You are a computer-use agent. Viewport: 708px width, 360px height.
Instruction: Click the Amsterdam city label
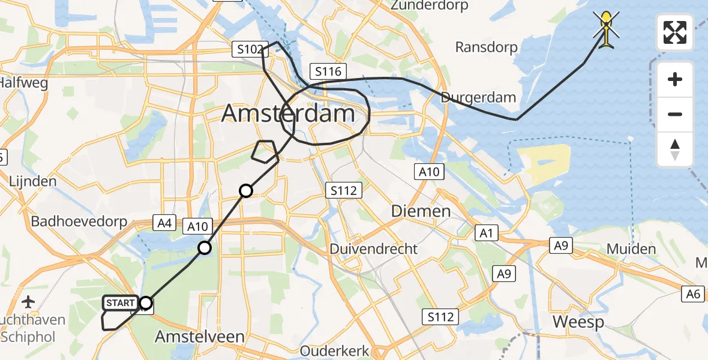coord(288,113)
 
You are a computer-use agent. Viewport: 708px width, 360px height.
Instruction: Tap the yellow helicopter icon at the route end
coord(607,28)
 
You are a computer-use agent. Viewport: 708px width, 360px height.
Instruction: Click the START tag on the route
coord(121,303)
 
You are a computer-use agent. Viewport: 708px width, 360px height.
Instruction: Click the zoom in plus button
coord(675,80)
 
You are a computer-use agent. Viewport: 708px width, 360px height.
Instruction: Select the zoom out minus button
coord(675,114)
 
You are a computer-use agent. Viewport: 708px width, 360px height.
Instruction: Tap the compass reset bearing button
coord(675,149)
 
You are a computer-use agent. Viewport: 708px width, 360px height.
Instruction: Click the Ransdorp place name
coord(485,47)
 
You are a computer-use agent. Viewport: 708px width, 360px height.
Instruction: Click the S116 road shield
coord(327,72)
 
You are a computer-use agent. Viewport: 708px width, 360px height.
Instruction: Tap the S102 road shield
coord(249,49)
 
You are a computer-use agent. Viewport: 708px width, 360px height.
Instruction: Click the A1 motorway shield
coord(486,232)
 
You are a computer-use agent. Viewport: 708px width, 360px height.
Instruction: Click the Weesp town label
coord(578,322)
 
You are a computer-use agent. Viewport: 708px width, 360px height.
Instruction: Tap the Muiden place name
coord(631,248)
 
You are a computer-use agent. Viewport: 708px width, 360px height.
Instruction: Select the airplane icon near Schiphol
coord(29,301)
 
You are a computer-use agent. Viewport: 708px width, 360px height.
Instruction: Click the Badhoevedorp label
coord(79,221)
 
